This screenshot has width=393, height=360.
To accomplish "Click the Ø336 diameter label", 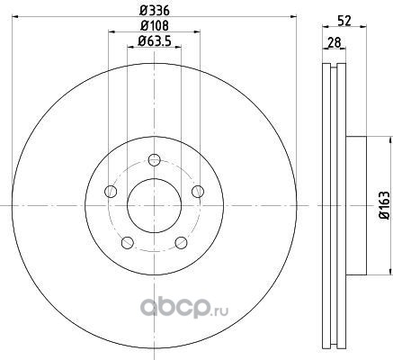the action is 155,11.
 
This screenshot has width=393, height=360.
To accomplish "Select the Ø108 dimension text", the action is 155,25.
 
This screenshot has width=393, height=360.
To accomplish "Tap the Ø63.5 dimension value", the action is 155,40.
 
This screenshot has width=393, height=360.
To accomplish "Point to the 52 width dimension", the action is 344,21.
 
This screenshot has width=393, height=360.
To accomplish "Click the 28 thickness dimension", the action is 334,42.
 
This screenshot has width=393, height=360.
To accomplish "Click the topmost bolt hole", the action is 155,160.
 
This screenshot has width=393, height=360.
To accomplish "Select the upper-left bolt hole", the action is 111,192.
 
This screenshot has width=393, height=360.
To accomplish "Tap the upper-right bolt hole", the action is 198,192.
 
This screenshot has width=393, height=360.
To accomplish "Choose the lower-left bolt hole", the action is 128,242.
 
